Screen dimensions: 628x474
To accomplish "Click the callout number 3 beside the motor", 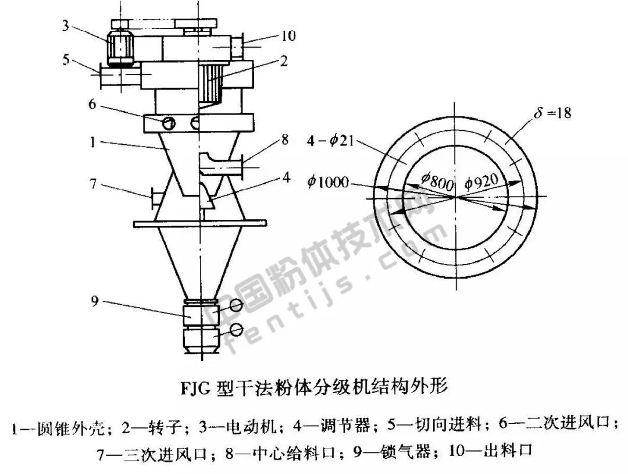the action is [65, 26].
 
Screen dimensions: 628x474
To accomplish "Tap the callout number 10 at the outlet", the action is [288, 35].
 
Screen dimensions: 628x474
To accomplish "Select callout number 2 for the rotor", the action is [284, 60].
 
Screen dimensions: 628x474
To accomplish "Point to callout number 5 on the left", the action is [66, 60].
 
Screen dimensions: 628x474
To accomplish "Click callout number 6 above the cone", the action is [92, 104].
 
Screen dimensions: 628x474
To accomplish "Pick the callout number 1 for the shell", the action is [92, 142].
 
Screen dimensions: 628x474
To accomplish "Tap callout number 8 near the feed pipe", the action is [285, 140].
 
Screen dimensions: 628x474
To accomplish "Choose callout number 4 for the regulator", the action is [286, 177].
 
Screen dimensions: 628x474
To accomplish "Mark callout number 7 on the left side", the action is [93, 184].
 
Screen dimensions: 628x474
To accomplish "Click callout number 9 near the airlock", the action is [95, 301].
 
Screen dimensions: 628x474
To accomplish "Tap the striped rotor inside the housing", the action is [212, 83].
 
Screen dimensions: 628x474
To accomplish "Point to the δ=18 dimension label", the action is [552, 113].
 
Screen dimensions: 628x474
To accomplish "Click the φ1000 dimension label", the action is [327, 182].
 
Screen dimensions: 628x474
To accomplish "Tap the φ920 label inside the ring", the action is [482, 181].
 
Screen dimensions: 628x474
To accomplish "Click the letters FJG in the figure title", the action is [195, 388].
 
